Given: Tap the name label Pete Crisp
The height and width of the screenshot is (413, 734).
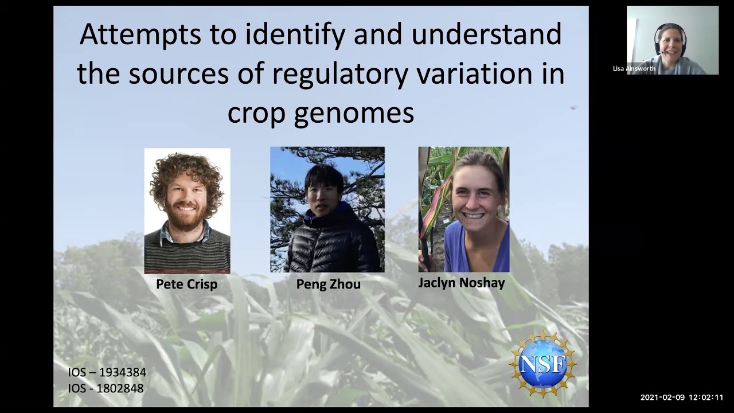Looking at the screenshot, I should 186,284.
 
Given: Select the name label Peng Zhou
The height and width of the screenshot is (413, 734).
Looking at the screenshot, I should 328,284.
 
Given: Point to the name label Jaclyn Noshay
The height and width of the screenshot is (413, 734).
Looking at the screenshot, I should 461,283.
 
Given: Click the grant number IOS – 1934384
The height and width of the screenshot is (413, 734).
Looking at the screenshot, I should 107,372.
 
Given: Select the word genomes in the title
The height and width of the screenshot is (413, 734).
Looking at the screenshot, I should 354,113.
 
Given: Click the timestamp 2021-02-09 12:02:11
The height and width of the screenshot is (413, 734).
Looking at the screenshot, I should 681,397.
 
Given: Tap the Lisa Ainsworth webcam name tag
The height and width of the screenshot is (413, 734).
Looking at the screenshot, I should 634,69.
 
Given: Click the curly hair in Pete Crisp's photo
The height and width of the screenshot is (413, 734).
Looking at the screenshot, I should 186,169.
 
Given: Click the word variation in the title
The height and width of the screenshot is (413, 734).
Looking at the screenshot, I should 477,74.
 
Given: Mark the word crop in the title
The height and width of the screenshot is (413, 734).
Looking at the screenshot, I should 255,113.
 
